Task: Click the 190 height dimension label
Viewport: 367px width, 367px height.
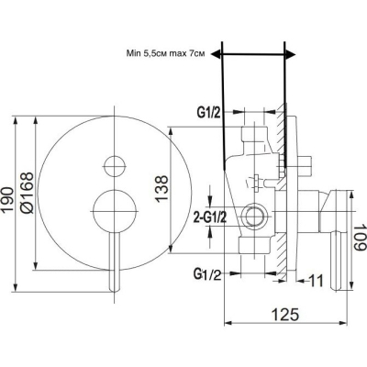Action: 6,200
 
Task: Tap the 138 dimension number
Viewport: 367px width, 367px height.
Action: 161,188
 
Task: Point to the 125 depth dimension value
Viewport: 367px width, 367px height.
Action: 285,315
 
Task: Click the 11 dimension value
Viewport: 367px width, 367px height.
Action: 316,281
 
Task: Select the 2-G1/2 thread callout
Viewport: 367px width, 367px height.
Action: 210,218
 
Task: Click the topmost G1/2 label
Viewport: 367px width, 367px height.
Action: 208,113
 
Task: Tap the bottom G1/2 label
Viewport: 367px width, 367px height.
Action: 207,274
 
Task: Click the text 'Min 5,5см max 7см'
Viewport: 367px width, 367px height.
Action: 165,54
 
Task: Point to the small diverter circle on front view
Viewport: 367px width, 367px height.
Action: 115,166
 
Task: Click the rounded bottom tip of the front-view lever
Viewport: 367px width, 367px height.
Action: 115,290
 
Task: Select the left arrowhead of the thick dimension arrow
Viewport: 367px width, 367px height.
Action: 216,54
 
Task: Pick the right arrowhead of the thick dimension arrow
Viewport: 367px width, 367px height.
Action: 291,54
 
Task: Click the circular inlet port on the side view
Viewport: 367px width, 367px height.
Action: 253,217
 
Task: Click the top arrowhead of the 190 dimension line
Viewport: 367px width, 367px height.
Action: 15,120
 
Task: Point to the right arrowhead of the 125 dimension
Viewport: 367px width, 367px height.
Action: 343,323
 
